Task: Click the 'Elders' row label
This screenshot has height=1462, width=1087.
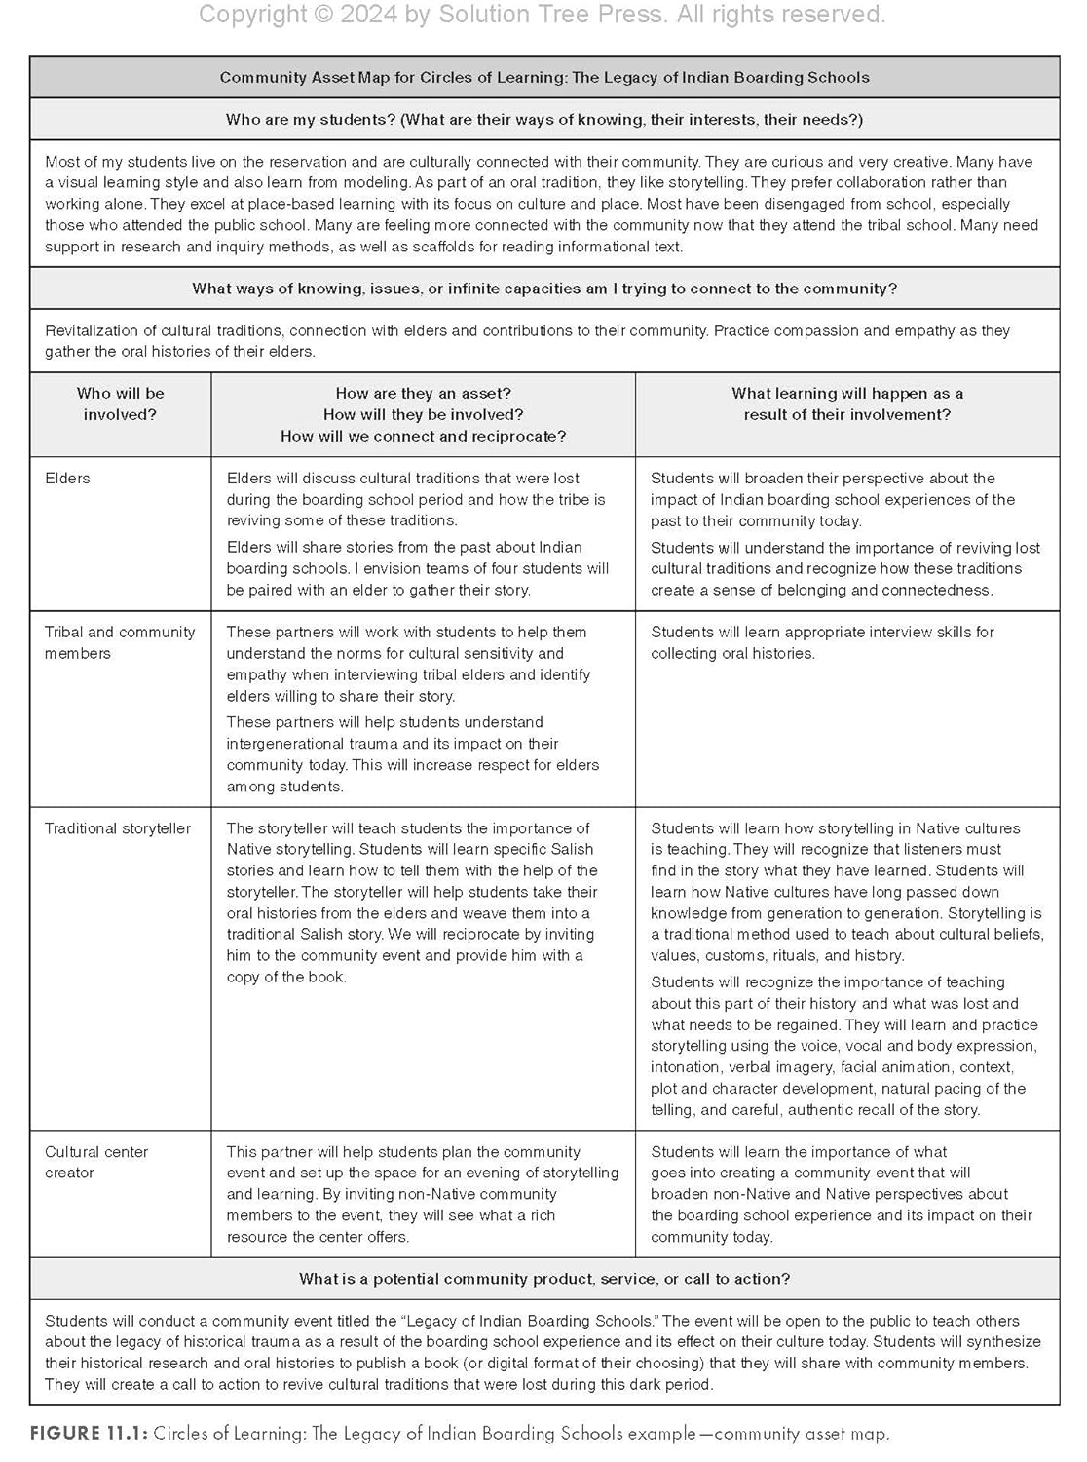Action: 67,479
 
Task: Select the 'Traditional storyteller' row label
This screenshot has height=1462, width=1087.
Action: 118,828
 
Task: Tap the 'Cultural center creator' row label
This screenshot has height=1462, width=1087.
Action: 96,1162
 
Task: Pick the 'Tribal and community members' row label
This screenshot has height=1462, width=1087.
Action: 120,642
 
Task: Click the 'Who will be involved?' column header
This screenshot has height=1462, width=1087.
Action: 121,404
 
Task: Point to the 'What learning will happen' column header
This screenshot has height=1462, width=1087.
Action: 847,404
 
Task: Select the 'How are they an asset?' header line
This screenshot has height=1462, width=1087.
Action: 423,394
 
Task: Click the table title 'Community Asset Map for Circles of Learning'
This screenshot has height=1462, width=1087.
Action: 544,78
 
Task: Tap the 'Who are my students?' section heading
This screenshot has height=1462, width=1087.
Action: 544,120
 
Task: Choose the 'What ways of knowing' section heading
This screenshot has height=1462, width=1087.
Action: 544,289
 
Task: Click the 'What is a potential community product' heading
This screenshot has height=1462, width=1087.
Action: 544,1279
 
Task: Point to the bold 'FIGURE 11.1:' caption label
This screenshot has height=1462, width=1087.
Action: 89,1434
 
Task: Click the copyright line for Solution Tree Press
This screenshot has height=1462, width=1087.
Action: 543,15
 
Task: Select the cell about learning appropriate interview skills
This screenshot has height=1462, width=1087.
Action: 822,642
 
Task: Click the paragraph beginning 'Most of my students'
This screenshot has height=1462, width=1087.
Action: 542,204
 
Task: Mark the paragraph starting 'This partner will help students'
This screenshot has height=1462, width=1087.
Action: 423,1194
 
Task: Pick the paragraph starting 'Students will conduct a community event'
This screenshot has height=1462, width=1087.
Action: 543,1353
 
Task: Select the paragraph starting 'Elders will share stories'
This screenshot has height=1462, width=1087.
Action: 418,568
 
